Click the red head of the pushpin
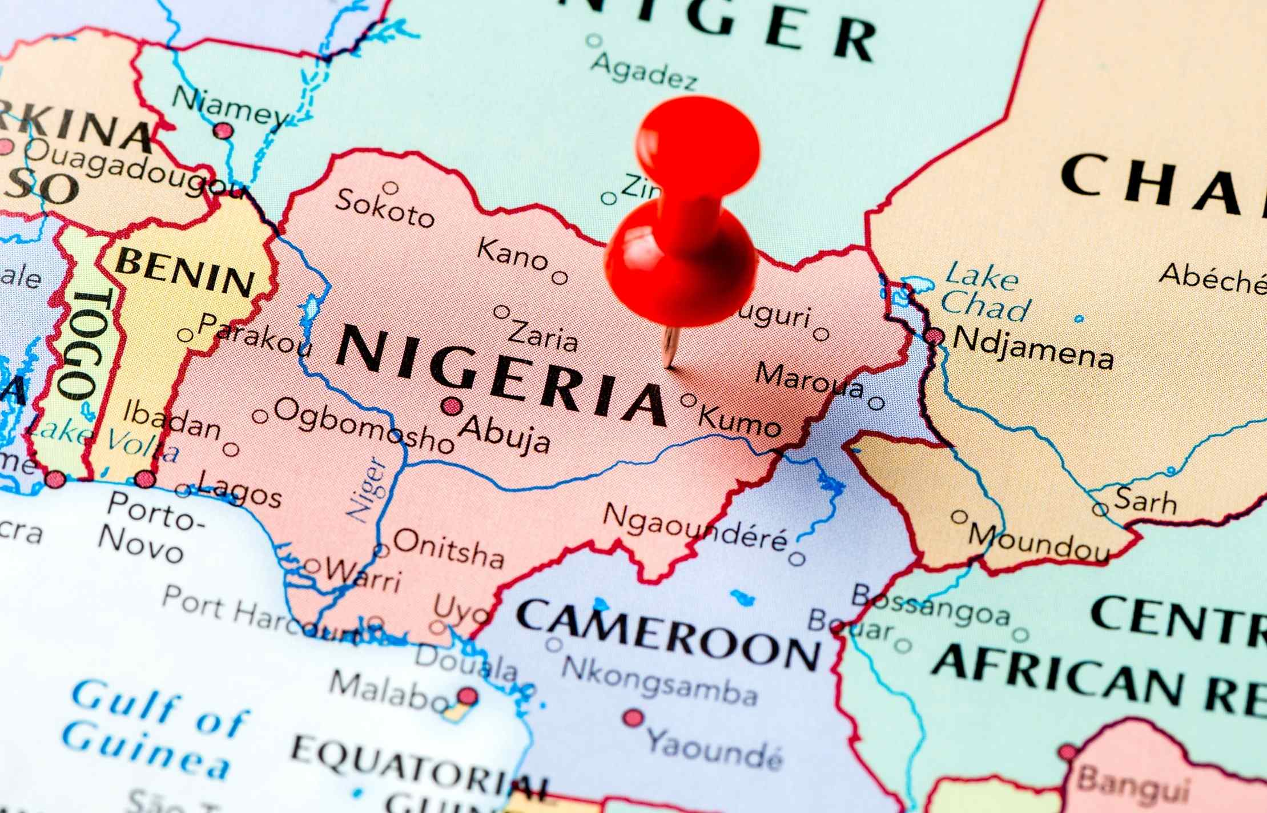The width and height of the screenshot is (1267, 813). [x=698, y=143]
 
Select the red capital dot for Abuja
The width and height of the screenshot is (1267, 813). [x=452, y=406]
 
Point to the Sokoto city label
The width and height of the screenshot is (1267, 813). [x=384, y=208]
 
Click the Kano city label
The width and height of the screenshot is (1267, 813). [x=512, y=255]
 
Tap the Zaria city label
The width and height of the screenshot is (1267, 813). [x=542, y=336]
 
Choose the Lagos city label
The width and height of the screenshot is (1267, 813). [x=239, y=494]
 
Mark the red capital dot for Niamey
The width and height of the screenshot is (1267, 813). [x=223, y=131]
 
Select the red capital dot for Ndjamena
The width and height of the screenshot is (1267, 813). [x=934, y=336]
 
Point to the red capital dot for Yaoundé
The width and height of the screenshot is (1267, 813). [x=633, y=718]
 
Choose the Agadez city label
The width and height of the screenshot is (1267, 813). [x=643, y=71]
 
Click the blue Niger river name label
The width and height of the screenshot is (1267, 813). [x=368, y=489]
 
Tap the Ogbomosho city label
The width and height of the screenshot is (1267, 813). [x=364, y=425]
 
